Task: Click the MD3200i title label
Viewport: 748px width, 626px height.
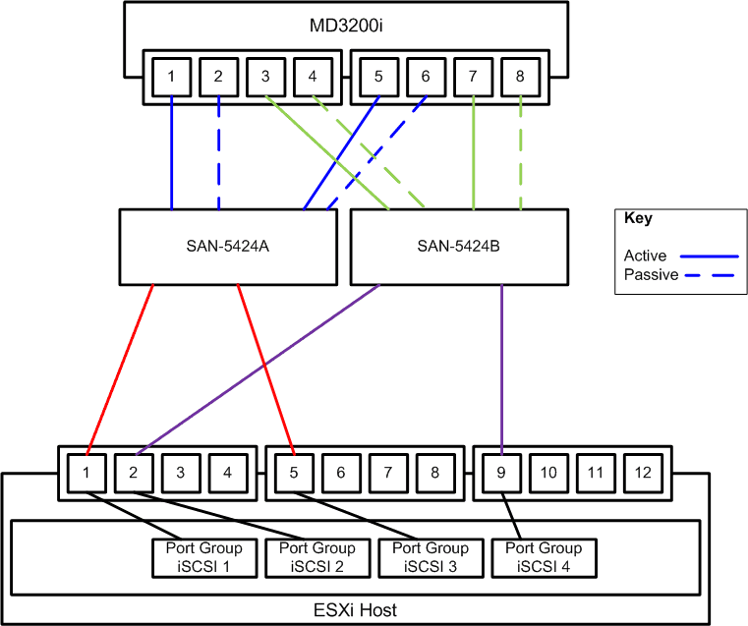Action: [344, 25]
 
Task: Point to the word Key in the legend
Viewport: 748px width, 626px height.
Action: [638, 219]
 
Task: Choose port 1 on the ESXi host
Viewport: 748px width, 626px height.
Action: [86, 473]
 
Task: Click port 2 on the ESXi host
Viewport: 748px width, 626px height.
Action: [134, 473]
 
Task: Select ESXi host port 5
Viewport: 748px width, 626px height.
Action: [294, 473]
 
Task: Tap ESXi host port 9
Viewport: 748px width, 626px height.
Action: [501, 473]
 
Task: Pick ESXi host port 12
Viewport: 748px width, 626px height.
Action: [643, 473]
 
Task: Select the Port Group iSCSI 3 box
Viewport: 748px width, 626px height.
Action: [431, 557]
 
